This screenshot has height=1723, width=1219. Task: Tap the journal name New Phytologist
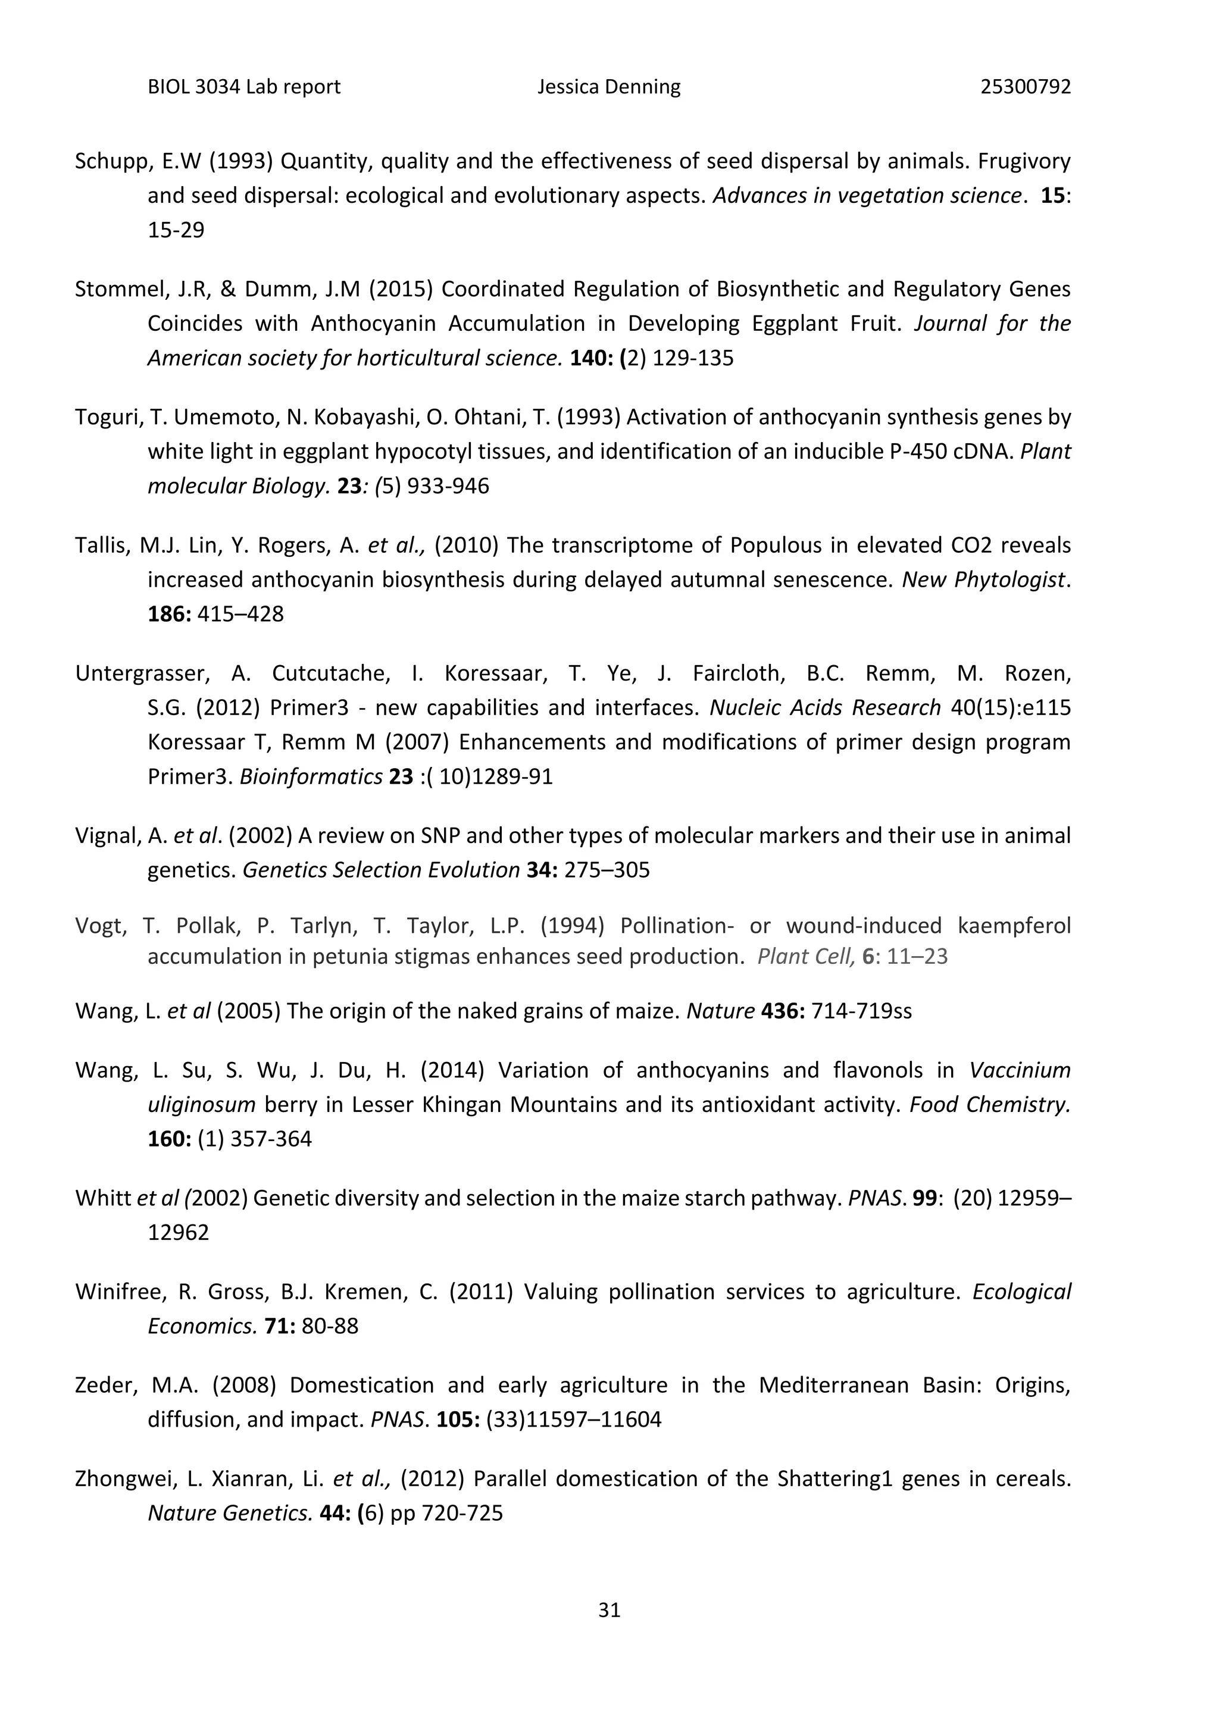click(983, 579)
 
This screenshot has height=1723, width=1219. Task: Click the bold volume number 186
click(167, 614)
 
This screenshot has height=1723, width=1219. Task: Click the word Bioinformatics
click(311, 776)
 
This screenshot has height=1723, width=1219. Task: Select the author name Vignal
click(107, 835)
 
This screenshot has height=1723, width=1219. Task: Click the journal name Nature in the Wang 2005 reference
click(720, 1011)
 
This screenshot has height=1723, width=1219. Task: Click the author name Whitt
click(104, 1198)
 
